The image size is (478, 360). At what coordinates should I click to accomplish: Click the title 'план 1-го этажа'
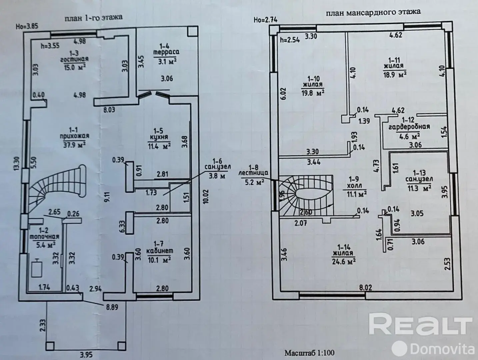click(x=93, y=18)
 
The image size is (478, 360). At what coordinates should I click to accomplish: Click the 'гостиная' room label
click(x=74, y=59)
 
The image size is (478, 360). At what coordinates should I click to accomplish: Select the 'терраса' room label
click(x=166, y=52)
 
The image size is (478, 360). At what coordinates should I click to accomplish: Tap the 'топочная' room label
click(x=44, y=237)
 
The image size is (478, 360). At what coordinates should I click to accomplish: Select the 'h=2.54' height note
click(x=290, y=39)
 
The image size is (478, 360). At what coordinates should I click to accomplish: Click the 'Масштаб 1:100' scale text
click(x=309, y=352)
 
